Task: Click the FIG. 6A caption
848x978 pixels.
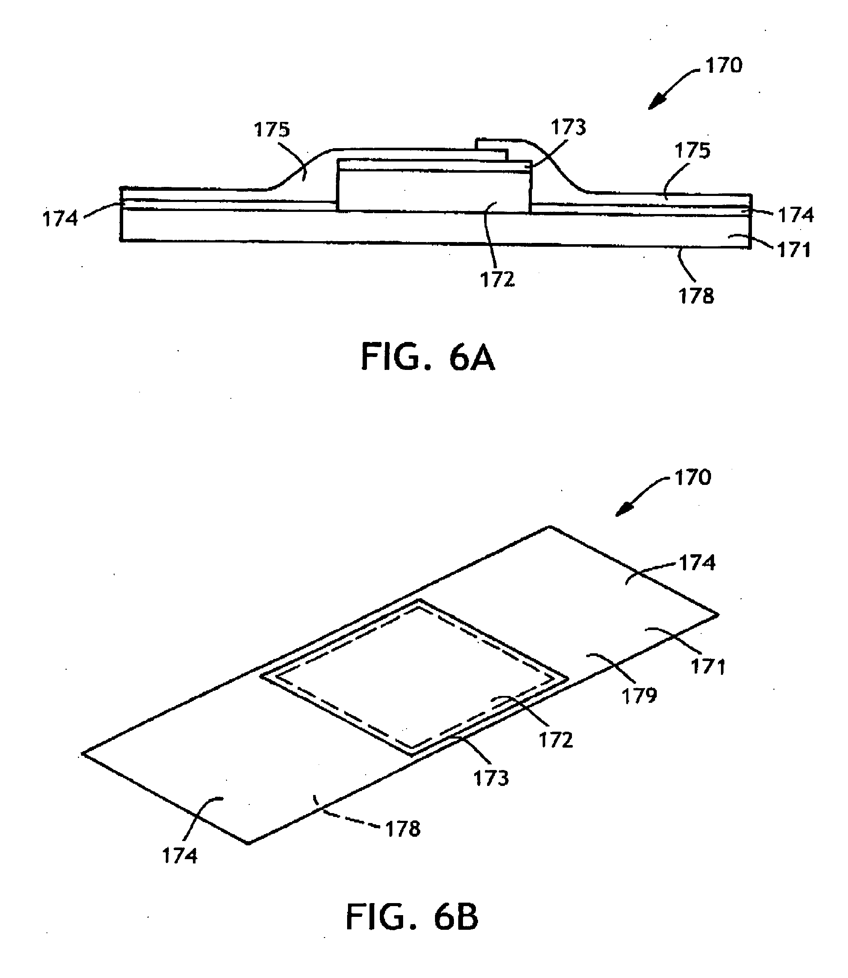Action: (x=428, y=357)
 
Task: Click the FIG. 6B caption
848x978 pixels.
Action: (x=412, y=917)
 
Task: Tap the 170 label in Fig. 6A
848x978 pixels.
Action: (x=724, y=65)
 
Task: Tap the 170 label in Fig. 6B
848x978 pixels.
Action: (x=693, y=478)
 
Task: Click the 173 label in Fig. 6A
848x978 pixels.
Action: (x=568, y=127)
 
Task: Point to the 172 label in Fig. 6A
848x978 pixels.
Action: (x=497, y=280)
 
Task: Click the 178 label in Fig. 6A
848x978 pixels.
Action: (x=696, y=296)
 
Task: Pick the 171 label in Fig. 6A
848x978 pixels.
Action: (x=794, y=250)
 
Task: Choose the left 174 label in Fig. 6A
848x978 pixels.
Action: (x=60, y=219)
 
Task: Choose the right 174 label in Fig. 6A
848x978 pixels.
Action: (x=796, y=215)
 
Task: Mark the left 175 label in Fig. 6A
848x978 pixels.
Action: (x=272, y=129)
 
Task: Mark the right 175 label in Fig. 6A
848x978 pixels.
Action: (x=693, y=150)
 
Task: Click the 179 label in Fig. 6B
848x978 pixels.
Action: (x=639, y=696)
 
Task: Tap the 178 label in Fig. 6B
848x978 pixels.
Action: (x=403, y=829)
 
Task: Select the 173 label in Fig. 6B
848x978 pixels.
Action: (x=491, y=778)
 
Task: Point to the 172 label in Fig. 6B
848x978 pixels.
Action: (x=556, y=739)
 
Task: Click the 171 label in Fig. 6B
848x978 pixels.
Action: (x=708, y=667)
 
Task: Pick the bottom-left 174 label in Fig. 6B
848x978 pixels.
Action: (x=180, y=855)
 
